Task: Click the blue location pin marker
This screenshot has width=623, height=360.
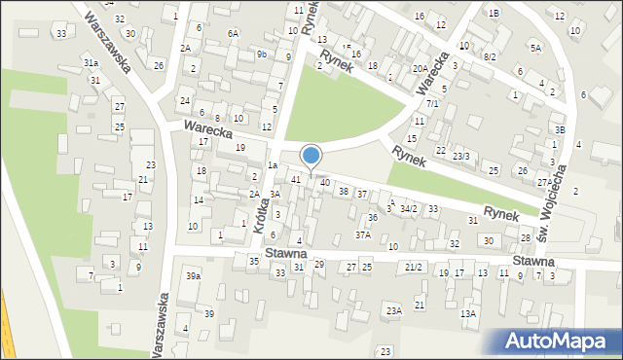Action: pos(311,156)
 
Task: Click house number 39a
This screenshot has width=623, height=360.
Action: pos(194,276)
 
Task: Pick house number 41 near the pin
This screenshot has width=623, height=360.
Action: pos(295,179)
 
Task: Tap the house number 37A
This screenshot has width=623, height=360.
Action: pos(363,234)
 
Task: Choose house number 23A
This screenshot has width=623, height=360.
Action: pos(393,310)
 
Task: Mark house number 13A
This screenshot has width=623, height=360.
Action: pos(468,313)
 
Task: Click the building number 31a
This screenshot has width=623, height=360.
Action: pos(91,62)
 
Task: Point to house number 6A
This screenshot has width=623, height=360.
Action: pos(234,33)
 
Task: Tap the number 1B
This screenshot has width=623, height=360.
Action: pos(494,13)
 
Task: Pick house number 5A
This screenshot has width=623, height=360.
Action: pos(535,47)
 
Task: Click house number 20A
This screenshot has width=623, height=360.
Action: pos(420,68)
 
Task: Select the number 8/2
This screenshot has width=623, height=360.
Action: pos(489,57)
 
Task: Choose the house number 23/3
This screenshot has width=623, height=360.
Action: pos(461,156)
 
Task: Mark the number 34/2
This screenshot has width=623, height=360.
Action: pos(408,209)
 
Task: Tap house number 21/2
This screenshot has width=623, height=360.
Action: pos(414,267)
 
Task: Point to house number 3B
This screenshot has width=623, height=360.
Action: pos(559,129)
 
